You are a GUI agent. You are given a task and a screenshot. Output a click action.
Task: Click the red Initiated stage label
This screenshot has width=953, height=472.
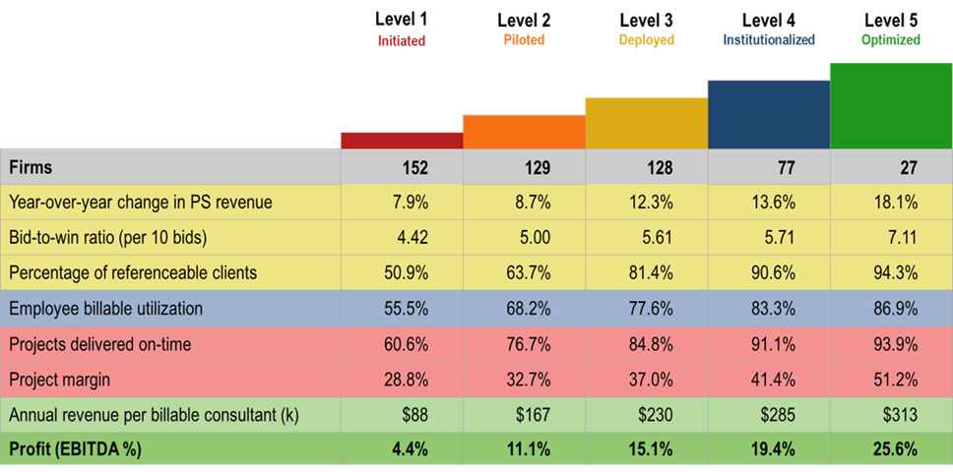(x=402, y=41)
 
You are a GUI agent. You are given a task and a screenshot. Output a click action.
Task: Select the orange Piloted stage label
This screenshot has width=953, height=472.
(x=524, y=40)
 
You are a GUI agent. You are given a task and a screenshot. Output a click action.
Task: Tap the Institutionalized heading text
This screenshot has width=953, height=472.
(x=769, y=40)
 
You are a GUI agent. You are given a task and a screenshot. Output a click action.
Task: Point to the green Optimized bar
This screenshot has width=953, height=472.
(x=891, y=105)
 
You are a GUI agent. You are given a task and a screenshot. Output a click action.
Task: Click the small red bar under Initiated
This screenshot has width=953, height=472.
(x=402, y=140)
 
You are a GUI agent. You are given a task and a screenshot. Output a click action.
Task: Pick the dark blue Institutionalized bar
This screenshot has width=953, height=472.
(x=769, y=114)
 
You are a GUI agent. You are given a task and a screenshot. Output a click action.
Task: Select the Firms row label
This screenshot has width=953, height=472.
(x=31, y=167)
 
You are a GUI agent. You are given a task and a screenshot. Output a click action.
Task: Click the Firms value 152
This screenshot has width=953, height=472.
(x=414, y=168)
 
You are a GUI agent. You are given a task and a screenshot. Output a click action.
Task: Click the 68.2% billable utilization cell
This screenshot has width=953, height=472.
(x=532, y=309)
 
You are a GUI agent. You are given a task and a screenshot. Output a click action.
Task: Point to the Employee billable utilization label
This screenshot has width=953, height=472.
(x=105, y=309)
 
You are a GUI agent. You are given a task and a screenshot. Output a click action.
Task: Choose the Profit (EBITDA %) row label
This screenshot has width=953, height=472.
(x=75, y=450)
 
